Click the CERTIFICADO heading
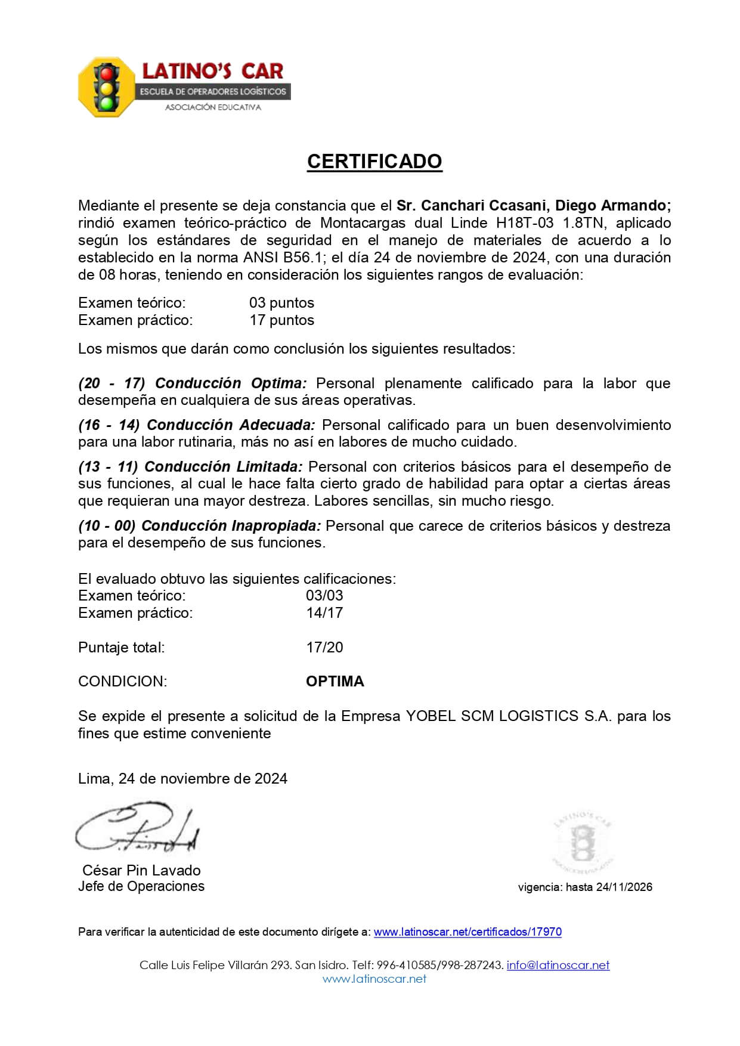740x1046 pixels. [374, 162]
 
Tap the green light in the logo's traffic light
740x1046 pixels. [107, 103]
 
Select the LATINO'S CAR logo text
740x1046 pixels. [212, 72]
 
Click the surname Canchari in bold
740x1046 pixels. [453, 206]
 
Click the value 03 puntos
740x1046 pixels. [281, 303]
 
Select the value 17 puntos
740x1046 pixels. [281, 320]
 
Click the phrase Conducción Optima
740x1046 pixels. [231, 383]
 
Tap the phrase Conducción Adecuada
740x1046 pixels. [231, 425]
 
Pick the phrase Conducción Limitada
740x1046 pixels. [224, 466]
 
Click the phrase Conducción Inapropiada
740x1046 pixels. [231, 526]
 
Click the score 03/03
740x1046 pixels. [324, 596]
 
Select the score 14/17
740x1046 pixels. [324, 613]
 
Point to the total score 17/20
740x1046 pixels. [324, 648]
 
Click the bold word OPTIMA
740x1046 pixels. [335, 682]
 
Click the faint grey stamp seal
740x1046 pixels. [582, 843]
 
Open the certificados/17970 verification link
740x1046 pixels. [467, 932]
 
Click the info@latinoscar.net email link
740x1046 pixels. [558, 965]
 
